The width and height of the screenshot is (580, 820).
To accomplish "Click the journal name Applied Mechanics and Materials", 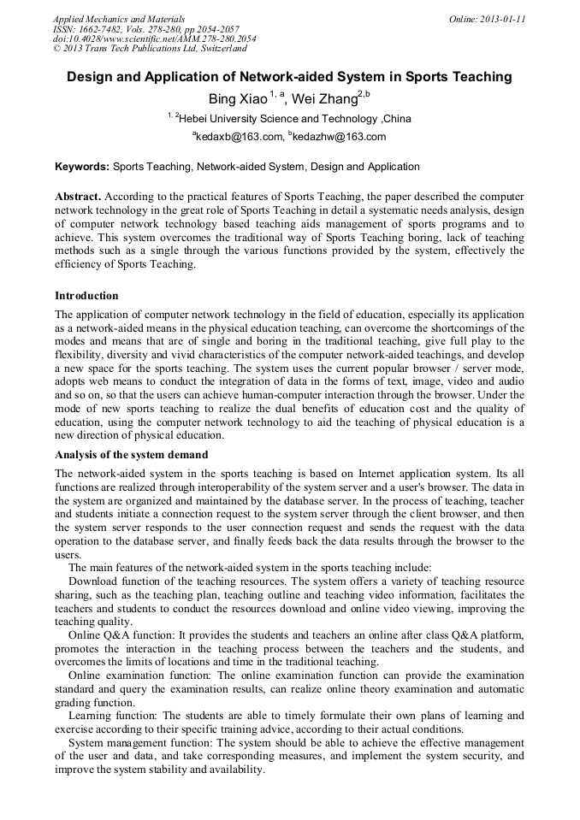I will (x=119, y=18).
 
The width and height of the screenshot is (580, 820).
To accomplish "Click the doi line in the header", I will (x=154, y=38).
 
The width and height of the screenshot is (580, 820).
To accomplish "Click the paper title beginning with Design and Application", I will (x=289, y=77).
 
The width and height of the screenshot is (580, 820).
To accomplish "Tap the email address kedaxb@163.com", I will (x=240, y=137).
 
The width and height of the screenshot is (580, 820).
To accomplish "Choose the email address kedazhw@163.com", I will (x=340, y=137).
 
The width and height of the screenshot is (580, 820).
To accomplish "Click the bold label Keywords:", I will (x=82, y=167).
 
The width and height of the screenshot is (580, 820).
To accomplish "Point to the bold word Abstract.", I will (x=79, y=196).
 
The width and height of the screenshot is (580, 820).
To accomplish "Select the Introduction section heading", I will (x=86, y=296).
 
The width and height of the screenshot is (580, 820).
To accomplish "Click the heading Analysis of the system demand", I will (x=131, y=455).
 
